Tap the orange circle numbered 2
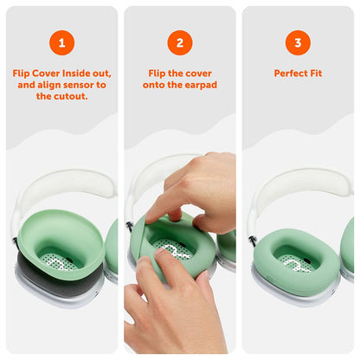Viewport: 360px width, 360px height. tap(179, 42)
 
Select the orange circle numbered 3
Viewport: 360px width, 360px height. tap(297, 42)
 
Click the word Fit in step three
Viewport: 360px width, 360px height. tap(316, 74)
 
